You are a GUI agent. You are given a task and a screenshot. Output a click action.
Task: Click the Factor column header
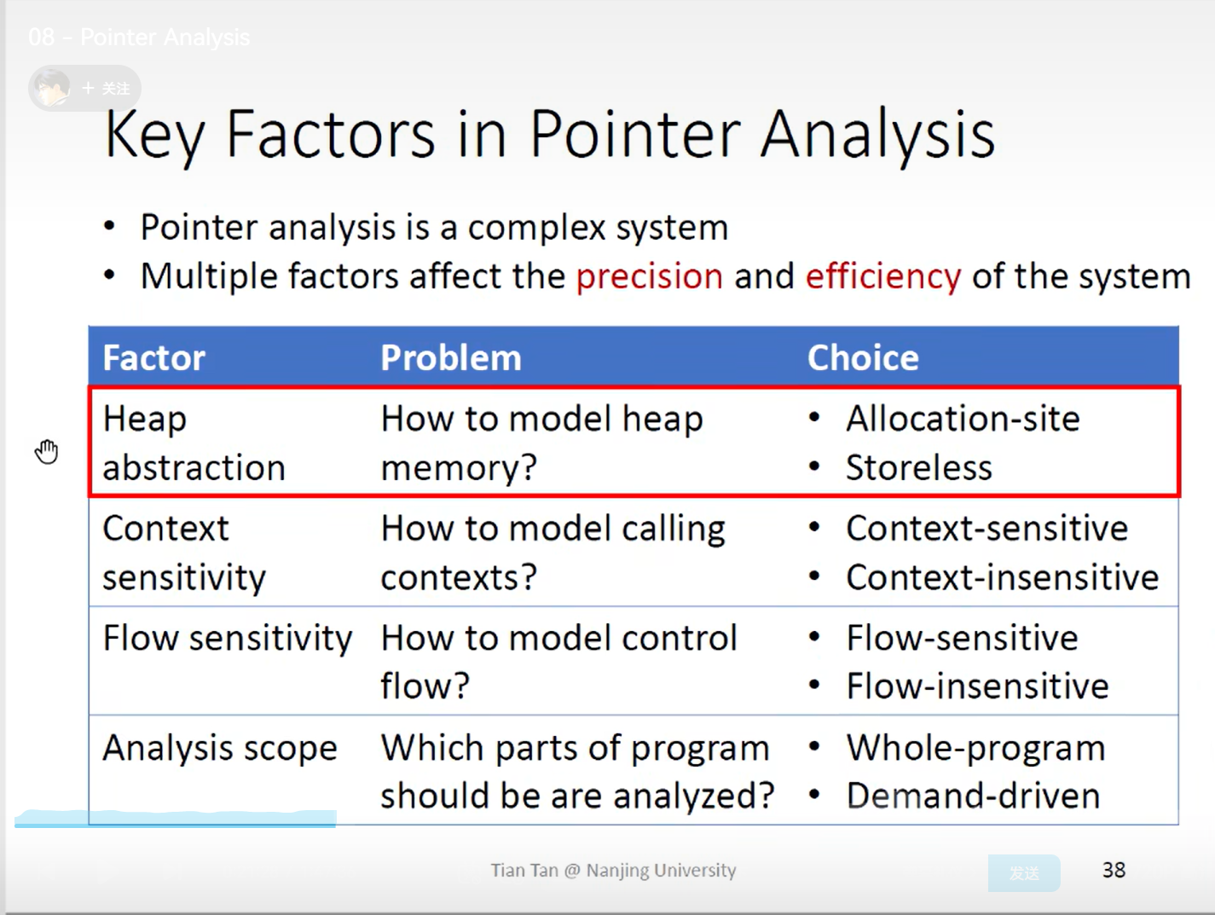point(153,357)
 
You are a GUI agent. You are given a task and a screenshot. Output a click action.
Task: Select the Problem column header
point(451,357)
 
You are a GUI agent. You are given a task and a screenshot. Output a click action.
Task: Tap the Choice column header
point(863,357)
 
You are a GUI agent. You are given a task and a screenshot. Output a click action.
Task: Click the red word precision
point(650,276)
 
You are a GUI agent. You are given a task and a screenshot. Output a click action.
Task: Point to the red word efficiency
point(883,276)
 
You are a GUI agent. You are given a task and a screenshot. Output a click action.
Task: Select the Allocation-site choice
point(963,418)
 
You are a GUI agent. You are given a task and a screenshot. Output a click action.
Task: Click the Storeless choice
point(919,467)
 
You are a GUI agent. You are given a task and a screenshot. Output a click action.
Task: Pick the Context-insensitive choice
point(1003,577)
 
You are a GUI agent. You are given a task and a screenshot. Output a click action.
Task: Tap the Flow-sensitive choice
point(962,638)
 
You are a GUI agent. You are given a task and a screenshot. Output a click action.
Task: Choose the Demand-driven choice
point(973,796)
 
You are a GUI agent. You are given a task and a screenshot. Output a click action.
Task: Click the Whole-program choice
point(976,749)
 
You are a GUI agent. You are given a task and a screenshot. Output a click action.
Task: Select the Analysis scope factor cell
point(220,749)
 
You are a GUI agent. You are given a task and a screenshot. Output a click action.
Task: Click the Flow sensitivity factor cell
point(228,639)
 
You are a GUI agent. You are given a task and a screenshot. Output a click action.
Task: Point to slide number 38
point(1114,870)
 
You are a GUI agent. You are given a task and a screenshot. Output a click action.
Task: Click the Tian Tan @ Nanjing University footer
point(613,870)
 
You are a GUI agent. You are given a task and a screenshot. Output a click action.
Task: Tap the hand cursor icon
point(47,452)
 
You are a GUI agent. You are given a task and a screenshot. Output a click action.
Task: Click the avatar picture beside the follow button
point(51,88)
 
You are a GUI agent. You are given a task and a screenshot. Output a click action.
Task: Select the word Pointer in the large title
point(635,135)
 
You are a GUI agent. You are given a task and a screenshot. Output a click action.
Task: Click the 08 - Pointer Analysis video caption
point(139,37)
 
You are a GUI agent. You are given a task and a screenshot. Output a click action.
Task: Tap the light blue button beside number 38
point(1024,873)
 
